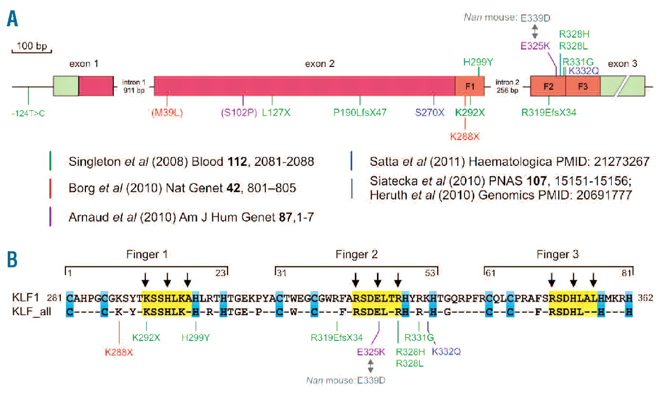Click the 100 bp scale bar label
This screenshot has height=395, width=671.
click(x=31, y=46)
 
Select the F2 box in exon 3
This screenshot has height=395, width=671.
click(x=548, y=86)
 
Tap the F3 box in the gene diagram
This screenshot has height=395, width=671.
click(x=582, y=86)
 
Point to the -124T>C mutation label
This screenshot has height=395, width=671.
click(x=28, y=112)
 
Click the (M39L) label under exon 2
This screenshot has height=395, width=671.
click(x=167, y=112)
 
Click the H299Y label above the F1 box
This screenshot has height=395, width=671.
click(x=478, y=62)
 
